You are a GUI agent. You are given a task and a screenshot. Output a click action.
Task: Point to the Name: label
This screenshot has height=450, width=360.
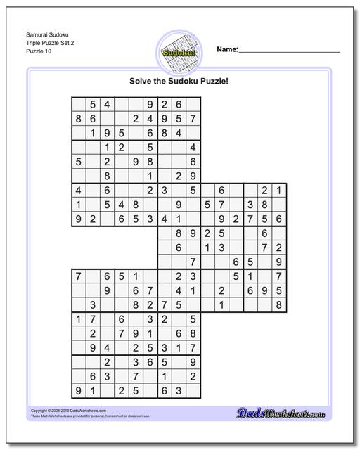point(227,51)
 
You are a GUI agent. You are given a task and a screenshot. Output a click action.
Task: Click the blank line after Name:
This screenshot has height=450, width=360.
point(289,52)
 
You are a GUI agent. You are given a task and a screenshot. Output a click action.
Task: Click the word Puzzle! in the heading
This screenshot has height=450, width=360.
point(214,81)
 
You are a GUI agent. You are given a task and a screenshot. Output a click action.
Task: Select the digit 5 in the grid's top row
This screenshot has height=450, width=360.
point(92,105)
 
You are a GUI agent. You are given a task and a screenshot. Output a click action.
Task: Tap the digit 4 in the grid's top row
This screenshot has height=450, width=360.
point(106,105)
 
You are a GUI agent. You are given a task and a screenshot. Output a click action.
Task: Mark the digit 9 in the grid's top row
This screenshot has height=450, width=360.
point(150,105)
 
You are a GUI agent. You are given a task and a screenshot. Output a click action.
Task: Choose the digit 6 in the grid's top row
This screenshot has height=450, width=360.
point(179,105)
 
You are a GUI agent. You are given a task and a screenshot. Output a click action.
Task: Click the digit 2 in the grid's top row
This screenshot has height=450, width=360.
point(164,105)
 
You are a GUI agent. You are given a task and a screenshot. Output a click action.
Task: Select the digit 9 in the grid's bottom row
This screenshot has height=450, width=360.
point(78,390)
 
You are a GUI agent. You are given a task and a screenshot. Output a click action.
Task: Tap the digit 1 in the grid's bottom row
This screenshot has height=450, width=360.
point(92,390)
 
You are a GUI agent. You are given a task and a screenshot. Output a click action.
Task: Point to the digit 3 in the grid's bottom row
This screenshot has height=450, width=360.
point(179,390)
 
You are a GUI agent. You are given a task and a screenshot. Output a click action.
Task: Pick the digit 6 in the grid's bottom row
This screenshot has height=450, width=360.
point(164,390)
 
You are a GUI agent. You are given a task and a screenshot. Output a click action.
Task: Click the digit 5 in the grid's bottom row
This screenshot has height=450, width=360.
point(135,390)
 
